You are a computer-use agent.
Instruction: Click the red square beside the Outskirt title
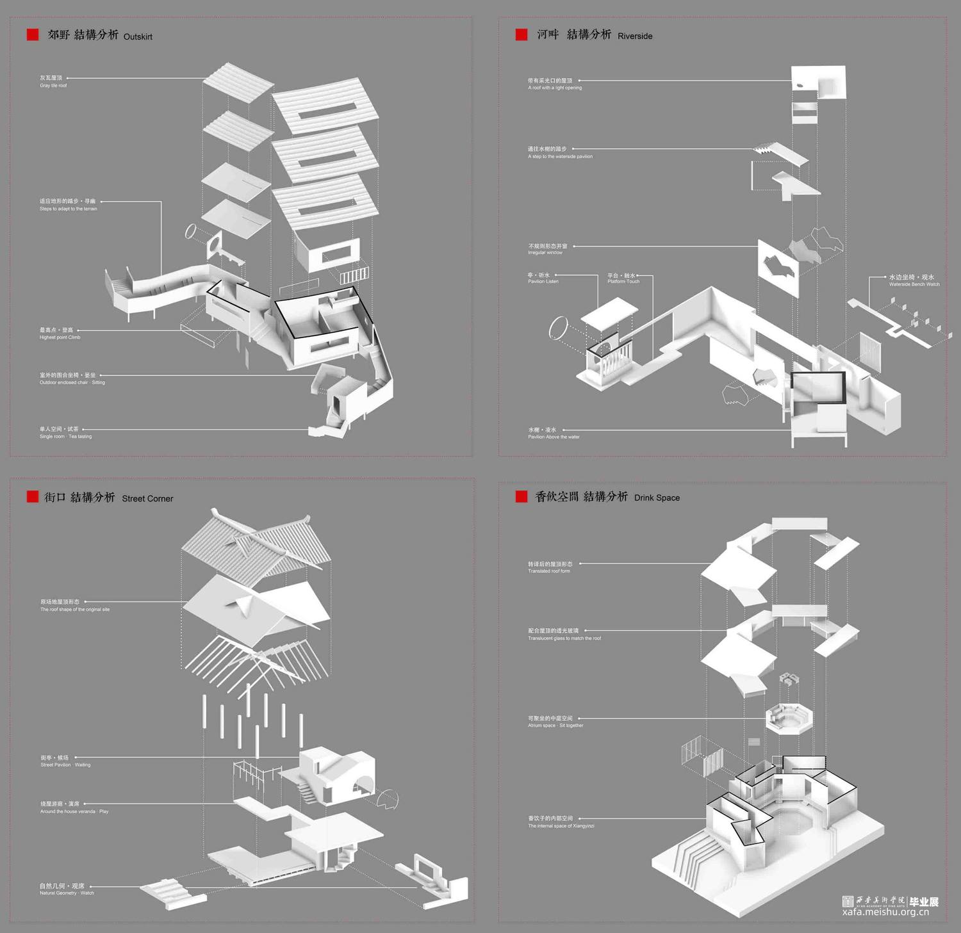point(33,35)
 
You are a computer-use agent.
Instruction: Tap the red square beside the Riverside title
point(522,35)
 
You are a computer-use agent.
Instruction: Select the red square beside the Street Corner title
point(33,497)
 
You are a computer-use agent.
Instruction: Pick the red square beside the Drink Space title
point(522,496)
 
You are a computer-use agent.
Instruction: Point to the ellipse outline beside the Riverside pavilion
point(558,327)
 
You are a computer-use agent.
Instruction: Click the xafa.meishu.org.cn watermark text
point(885,912)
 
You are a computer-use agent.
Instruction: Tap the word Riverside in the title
point(635,37)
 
